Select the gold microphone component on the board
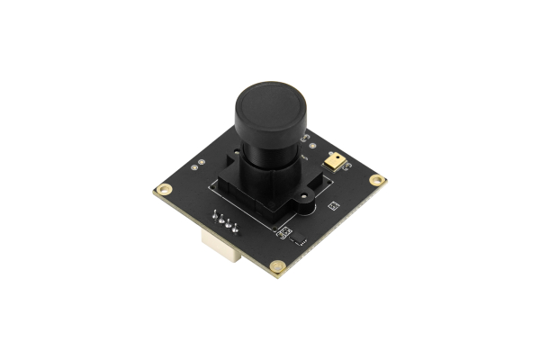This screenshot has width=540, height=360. pos(336,160)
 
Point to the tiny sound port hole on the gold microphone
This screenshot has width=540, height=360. pos(336,159)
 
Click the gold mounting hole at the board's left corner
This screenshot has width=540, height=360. pos(164,190)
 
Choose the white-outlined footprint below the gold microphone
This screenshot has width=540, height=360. pos(333,206)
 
